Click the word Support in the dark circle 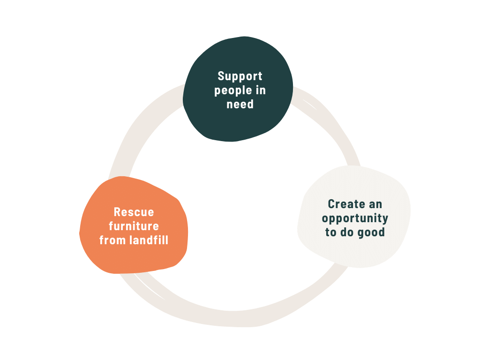240,76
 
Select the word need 240,104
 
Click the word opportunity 355,218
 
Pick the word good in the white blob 371,232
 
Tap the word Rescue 134,212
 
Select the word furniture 134,226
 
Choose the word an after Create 375,204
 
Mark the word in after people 260,90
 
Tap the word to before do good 330,232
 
